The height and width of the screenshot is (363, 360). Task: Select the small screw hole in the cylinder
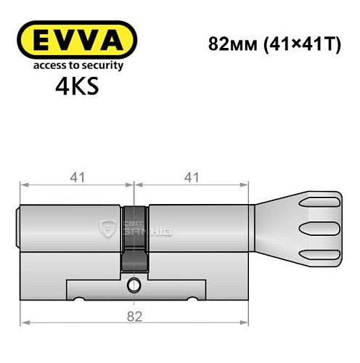tap(134, 284)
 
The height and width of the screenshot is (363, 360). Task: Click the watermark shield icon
tap(107, 227)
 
